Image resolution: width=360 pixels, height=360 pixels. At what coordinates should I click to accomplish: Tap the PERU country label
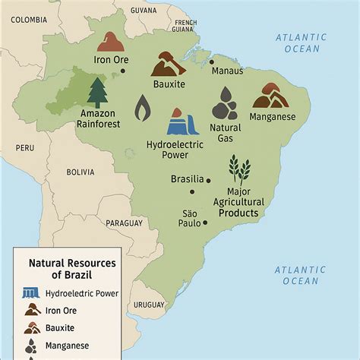click(x=24, y=147)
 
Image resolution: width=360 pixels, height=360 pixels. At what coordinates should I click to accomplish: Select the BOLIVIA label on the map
click(x=80, y=172)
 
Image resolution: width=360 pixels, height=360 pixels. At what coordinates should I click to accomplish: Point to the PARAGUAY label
click(x=123, y=223)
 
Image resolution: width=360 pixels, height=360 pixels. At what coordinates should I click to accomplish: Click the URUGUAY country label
click(x=149, y=304)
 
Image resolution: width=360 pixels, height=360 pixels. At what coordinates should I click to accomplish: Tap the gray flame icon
click(x=142, y=109)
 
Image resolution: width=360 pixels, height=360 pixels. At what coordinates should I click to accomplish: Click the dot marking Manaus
click(x=212, y=62)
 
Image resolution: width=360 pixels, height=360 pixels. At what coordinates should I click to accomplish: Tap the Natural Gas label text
click(x=226, y=134)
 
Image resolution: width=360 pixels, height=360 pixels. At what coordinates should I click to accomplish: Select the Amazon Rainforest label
click(x=99, y=118)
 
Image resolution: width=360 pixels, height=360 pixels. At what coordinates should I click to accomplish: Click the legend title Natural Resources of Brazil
click(x=71, y=268)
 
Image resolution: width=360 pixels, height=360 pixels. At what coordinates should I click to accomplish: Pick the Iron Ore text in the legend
click(x=63, y=310)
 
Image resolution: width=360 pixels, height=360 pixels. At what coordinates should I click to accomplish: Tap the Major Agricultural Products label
click(x=240, y=202)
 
